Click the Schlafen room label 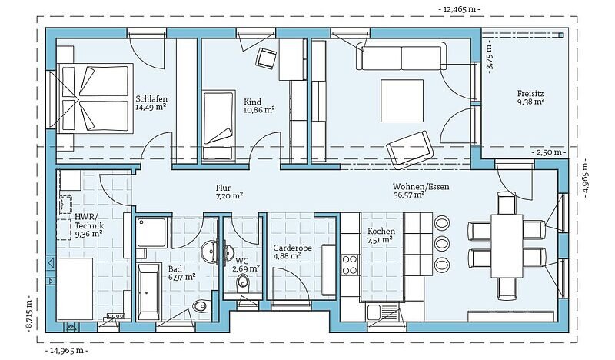[151, 98]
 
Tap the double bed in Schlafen [95, 98]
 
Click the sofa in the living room [402, 55]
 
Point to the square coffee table [402, 101]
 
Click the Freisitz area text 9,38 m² [530, 102]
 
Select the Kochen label [381, 232]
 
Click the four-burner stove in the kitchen [350, 265]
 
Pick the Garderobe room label [293, 248]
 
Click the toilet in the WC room [243, 282]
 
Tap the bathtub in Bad [149, 292]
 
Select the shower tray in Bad [151, 232]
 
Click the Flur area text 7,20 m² [229, 195]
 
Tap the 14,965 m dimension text [67, 351]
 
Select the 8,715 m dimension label [28, 313]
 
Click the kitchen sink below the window [382, 312]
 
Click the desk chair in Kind [266, 58]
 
